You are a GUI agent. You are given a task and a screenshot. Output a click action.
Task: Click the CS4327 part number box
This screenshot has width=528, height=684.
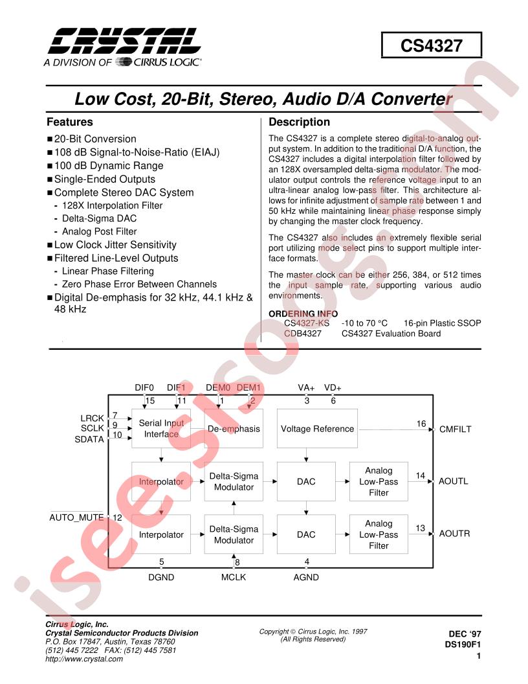click(432, 45)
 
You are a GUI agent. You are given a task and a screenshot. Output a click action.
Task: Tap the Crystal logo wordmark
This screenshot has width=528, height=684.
click(125, 41)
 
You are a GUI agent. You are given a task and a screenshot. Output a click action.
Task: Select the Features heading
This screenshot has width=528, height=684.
click(70, 122)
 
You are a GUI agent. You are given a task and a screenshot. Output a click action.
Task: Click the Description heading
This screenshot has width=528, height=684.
click(300, 122)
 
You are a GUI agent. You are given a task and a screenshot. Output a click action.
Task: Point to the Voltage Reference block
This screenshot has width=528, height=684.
click(317, 428)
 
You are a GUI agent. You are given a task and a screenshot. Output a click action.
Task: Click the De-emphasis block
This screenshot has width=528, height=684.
click(234, 428)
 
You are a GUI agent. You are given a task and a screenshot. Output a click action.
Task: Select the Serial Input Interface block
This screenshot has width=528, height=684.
click(161, 428)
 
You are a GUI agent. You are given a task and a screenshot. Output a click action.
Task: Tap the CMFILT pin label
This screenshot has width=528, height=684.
click(456, 429)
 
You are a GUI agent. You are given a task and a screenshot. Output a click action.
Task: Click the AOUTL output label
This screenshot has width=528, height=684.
click(454, 481)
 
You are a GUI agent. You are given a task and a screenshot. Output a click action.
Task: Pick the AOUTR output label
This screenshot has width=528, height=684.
click(454, 534)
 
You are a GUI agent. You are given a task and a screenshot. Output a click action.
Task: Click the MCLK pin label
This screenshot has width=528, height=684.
click(234, 577)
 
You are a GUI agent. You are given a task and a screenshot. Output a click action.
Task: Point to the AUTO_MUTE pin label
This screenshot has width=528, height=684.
click(76, 518)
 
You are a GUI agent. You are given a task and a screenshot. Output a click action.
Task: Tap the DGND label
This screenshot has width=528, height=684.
click(161, 577)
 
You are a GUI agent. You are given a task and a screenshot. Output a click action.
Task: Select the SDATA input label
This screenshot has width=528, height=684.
click(89, 439)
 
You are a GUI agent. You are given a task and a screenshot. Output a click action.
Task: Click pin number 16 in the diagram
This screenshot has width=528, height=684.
click(421, 424)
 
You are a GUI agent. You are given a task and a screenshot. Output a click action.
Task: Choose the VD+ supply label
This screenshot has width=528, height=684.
click(333, 387)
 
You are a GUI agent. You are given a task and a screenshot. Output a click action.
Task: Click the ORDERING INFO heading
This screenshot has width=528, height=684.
click(303, 313)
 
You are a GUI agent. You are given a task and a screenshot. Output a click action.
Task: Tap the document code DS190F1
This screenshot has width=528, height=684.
click(463, 644)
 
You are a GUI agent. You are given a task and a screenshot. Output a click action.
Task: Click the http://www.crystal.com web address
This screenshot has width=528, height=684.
click(84, 659)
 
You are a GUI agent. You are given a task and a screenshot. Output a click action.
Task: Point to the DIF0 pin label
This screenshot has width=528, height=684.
click(144, 387)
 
